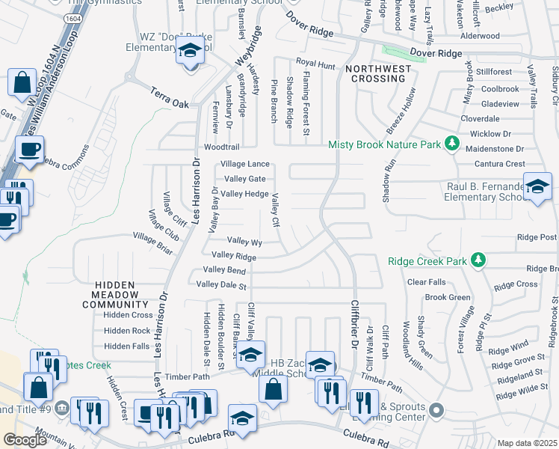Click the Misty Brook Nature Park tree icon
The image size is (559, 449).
[451, 143]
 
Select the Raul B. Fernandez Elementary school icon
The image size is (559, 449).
[537, 187]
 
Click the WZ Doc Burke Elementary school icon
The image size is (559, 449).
[190, 52]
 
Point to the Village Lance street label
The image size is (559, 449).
[244, 164]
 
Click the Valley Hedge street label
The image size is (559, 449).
[244, 194]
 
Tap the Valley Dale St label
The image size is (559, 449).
[220, 284]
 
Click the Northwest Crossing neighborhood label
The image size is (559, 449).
[376, 73]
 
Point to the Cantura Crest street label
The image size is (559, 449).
[495, 164]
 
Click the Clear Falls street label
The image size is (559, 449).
[426, 282]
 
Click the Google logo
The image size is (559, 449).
[25, 440]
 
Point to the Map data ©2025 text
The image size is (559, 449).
[527, 443]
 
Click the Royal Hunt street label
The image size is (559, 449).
[315, 64]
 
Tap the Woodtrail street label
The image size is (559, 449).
[221, 148]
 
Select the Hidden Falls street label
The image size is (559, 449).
[127, 346]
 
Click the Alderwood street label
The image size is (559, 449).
[480, 36]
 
